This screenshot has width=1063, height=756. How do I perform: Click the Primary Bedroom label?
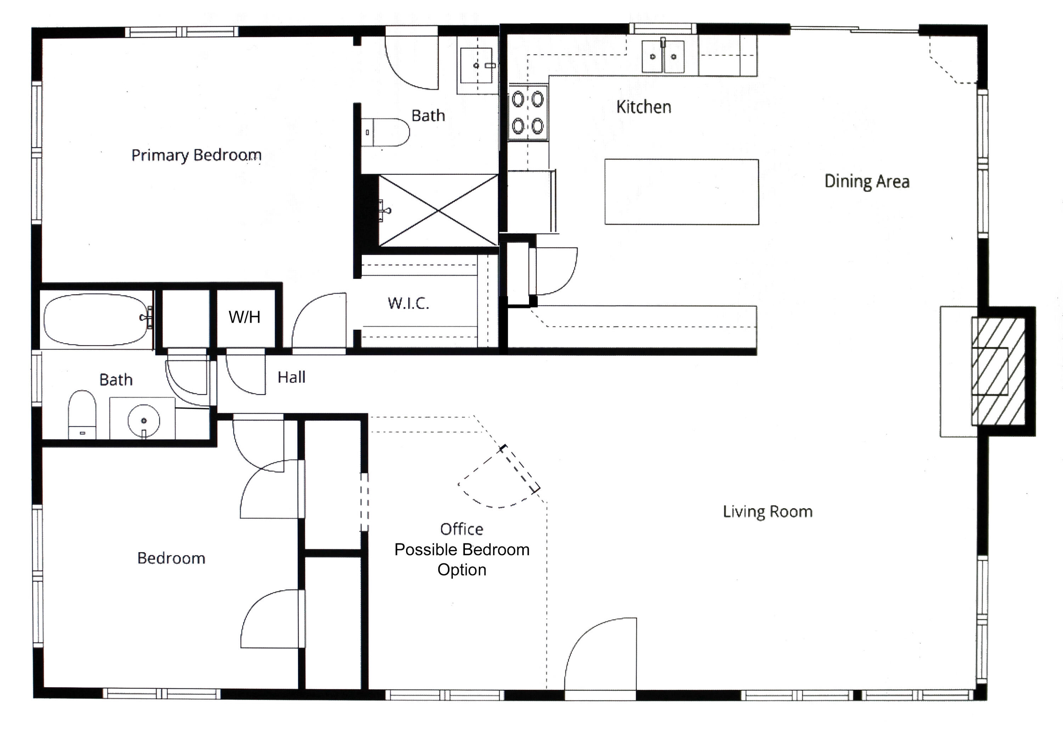(196, 155)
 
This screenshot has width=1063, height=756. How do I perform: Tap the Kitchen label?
(643, 107)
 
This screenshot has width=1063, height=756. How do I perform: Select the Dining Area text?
(866, 181)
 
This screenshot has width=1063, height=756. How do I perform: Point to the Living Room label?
(767, 512)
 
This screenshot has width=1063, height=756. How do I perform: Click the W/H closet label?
(244, 317)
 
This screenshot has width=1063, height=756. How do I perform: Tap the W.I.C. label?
(408, 304)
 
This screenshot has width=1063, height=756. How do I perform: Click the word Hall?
(291, 377)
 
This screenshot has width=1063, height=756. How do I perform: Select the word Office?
(461, 529)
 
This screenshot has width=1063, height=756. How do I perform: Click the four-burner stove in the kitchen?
(528, 113)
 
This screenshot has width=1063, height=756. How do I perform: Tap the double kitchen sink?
(663, 57)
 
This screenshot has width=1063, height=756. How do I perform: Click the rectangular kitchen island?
(681, 192)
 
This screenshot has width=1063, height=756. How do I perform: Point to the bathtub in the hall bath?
(95, 319)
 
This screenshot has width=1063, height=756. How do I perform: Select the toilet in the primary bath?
(386, 132)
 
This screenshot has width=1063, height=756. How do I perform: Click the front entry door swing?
(600, 656)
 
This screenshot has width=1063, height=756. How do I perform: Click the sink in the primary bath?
(476, 66)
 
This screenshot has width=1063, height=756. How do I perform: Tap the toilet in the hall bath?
(82, 414)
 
